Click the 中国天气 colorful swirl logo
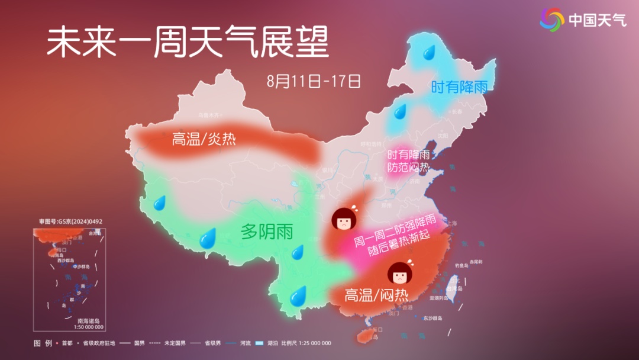552,20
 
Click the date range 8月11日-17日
314,81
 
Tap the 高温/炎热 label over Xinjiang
204,140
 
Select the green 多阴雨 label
266,232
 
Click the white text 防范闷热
408,167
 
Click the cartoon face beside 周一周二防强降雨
343,219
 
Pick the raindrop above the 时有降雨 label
428,53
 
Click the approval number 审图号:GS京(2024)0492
70,221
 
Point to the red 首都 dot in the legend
57,343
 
